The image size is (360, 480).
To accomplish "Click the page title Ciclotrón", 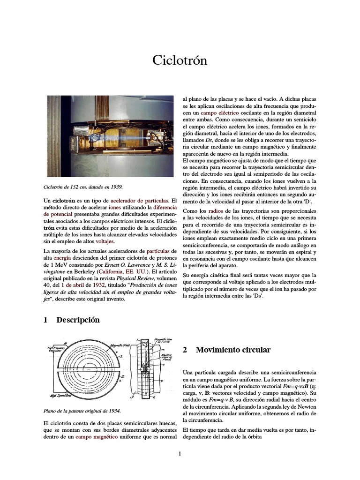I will coord(180,60).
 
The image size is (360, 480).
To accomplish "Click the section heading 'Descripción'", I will coord(78,320).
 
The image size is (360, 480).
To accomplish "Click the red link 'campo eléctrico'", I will coord(219,113).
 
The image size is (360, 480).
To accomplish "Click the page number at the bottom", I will coord(180,453).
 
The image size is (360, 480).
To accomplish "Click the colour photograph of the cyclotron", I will coord(110,135).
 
